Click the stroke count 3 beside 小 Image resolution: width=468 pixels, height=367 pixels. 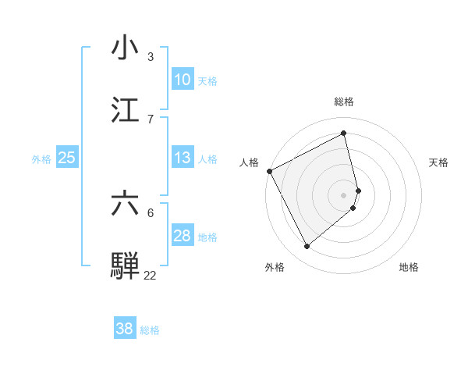coord(151,57)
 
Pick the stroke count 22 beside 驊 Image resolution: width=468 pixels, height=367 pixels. coord(150,275)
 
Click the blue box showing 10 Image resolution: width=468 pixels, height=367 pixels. coord(182,80)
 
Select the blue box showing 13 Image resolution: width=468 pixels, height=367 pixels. coord(182,158)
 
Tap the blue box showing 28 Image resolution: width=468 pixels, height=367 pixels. coord(182,236)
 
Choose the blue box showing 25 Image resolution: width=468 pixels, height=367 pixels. coord(66,158)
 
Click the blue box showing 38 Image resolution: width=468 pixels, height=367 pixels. coord(124,329)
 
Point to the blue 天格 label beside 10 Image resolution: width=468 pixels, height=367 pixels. coord(207,80)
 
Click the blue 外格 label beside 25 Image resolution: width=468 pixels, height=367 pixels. coord(41,159)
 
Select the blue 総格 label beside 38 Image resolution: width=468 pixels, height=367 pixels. coord(150,330)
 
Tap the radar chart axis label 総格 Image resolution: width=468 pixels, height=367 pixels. coord(344,102)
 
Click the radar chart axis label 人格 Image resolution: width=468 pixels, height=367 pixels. coord(249,162)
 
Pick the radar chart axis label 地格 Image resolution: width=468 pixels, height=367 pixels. coord(409,268)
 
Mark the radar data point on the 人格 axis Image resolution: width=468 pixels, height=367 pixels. coord(269,171)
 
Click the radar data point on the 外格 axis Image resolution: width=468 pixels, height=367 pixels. coord(307,247)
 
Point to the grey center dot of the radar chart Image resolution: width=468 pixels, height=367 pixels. coord(344,194)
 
